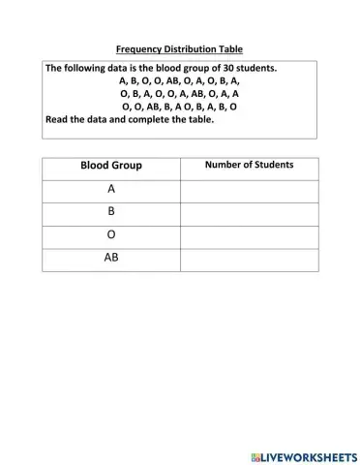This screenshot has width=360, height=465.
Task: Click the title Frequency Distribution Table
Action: (x=180, y=48)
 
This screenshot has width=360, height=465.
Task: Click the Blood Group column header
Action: (x=110, y=166)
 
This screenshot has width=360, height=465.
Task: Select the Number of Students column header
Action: (x=249, y=166)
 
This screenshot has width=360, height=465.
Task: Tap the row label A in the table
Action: (x=110, y=191)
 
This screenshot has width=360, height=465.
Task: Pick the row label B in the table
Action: (x=110, y=214)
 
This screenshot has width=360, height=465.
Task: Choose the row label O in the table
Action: (x=110, y=236)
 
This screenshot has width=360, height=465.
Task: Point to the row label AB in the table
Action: (x=110, y=259)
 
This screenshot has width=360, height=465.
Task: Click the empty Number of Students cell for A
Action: (x=249, y=191)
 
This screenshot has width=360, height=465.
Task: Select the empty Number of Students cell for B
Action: (x=249, y=214)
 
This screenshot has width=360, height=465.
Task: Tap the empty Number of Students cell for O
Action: (x=249, y=236)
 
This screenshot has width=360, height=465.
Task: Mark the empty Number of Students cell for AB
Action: (x=249, y=259)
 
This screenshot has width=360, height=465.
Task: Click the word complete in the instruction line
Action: (x=143, y=120)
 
